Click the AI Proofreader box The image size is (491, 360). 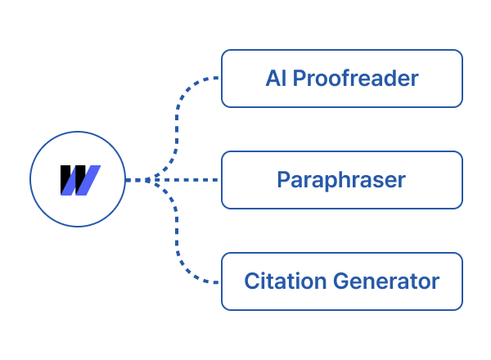[x=341, y=79]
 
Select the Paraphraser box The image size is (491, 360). [x=341, y=180]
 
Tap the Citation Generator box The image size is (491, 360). [x=341, y=281]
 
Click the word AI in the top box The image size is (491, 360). [x=275, y=79]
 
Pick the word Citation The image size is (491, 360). [x=284, y=281]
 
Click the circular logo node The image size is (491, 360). [x=78, y=180]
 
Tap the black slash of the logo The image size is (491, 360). [x=69, y=180]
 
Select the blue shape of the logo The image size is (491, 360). [x=88, y=180]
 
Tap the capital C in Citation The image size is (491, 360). [x=251, y=281]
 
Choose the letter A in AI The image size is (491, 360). [x=272, y=79]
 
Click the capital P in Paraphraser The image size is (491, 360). [x=283, y=180]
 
